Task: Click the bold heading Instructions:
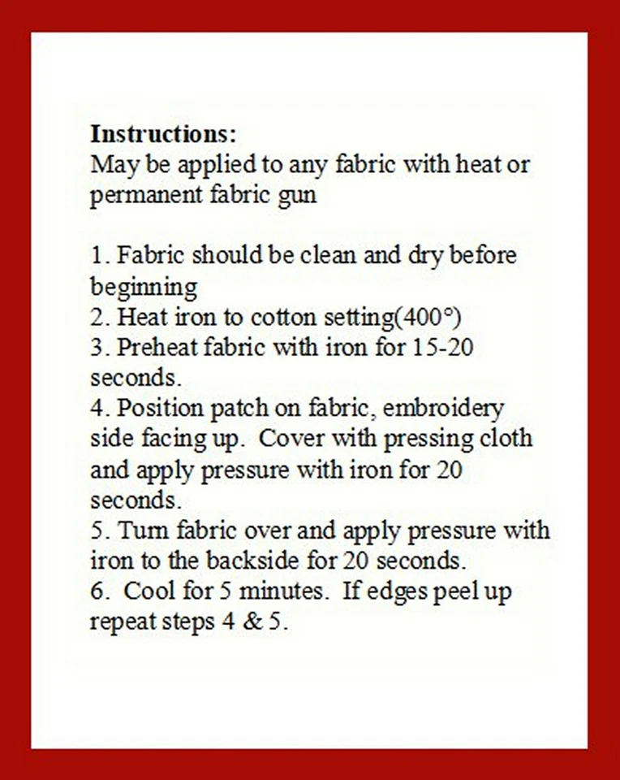tap(163, 133)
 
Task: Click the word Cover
tap(292, 439)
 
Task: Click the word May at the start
tap(110, 166)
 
